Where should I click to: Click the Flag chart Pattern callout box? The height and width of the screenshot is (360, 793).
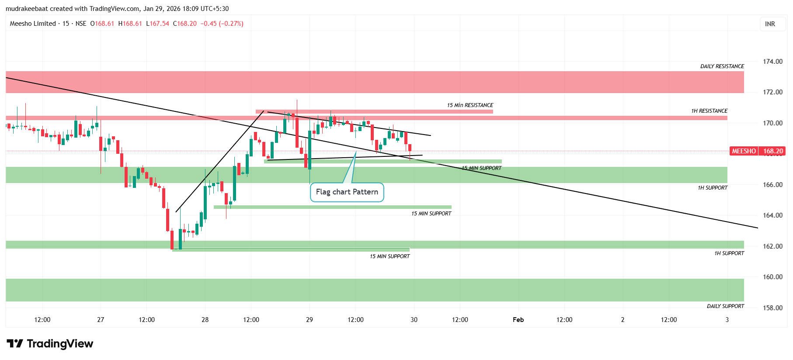point(347,192)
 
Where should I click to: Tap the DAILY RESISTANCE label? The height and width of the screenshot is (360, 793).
point(722,66)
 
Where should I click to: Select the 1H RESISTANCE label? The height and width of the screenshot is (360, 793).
point(709,111)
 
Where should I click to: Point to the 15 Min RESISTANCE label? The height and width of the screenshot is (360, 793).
point(470,105)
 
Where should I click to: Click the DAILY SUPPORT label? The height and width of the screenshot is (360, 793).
point(725,306)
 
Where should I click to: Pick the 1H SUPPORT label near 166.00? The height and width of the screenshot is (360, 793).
point(713,188)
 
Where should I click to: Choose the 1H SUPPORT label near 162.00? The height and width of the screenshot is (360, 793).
point(729,253)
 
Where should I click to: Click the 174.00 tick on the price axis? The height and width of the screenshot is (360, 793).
point(772,62)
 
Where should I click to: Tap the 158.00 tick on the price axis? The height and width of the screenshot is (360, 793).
point(772,308)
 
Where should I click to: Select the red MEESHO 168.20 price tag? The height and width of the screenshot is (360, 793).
point(758,151)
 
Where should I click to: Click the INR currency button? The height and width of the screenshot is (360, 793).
point(770,24)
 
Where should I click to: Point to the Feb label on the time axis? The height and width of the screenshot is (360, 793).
point(518,320)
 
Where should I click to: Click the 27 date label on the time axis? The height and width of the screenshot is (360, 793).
point(101,320)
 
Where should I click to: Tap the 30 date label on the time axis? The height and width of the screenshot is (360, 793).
point(414,320)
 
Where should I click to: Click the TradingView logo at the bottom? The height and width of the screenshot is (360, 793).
point(50,344)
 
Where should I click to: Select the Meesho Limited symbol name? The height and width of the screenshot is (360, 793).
point(33,24)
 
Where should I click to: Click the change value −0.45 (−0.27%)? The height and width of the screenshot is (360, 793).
point(222,24)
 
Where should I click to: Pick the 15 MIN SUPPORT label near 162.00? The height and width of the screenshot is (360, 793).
point(390,256)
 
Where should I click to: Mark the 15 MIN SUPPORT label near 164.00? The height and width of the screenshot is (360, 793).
point(431,214)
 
